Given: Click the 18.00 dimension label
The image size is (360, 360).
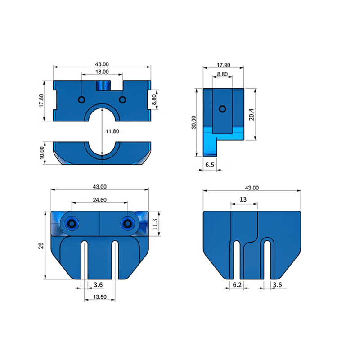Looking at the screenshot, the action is tap(102, 72).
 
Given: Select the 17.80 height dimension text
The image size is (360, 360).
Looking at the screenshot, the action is tap(41, 100).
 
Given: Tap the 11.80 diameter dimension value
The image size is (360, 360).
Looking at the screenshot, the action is tap(112, 131).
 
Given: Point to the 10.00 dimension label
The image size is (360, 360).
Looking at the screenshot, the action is tap(42, 153).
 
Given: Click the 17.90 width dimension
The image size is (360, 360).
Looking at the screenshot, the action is tap(224, 65).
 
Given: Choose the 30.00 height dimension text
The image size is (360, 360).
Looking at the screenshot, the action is tap(194, 122).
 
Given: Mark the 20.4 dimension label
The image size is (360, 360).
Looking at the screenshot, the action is tap(252, 115).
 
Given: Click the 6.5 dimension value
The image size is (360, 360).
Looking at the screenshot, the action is tap(210, 165).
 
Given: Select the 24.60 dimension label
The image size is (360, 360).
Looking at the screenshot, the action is tap(99, 200).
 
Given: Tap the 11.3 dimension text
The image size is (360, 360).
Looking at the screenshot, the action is tap(155, 224).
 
